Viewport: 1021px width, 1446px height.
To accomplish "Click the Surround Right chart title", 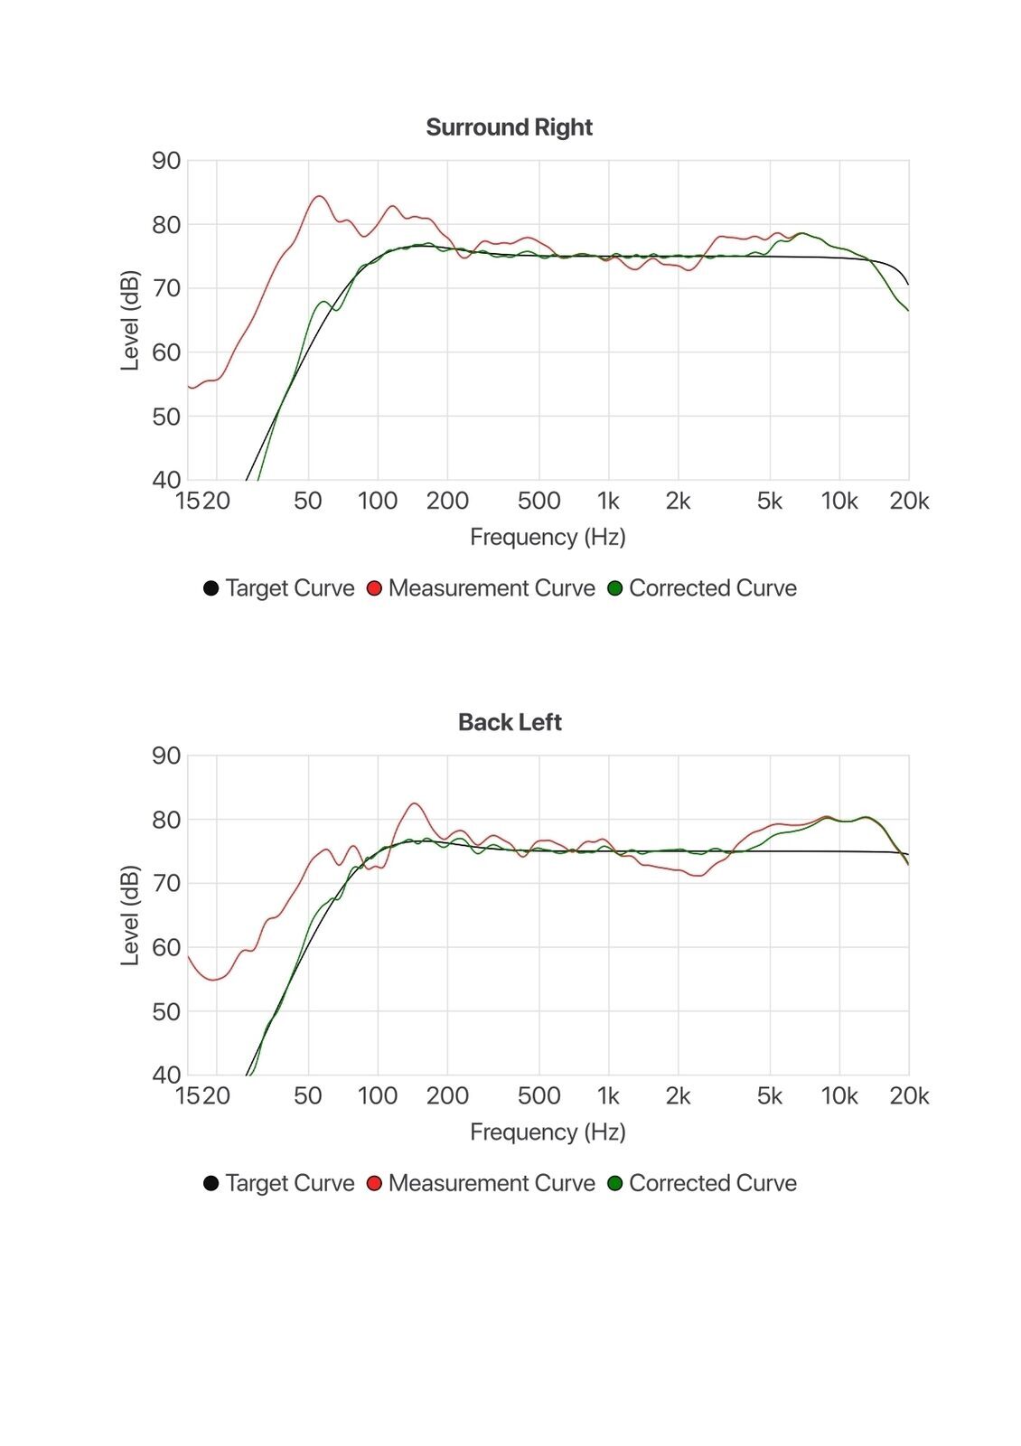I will (509, 127).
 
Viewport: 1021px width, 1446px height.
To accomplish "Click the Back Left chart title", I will (510, 722).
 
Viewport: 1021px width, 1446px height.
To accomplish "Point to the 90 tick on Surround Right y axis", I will (166, 161).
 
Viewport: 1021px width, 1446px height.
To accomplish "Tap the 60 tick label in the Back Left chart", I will (166, 947).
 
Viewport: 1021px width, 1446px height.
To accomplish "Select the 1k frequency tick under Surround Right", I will (608, 501).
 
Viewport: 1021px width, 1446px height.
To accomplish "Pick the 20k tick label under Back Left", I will (909, 1096).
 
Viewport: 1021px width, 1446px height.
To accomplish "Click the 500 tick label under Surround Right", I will (539, 501).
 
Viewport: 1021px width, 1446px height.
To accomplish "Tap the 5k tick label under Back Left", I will (769, 1096).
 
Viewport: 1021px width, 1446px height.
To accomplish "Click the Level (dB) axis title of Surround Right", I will (130, 320).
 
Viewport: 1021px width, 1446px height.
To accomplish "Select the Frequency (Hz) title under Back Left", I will (548, 1132).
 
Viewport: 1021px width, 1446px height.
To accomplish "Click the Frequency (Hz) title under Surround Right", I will (548, 538).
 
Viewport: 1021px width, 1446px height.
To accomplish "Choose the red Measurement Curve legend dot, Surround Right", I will (374, 588).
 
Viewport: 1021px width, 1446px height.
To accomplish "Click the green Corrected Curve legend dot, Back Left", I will (615, 1183).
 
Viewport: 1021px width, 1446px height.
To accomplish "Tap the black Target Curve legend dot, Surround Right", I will (211, 588).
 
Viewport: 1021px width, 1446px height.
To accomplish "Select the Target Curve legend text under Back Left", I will (289, 1183).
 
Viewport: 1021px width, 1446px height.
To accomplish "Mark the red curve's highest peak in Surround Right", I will (319, 196).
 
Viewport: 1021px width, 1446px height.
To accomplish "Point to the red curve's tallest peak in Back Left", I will (415, 803).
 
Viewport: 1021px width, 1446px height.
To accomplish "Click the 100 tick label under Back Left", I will (378, 1096).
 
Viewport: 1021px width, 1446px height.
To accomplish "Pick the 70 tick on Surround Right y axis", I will (166, 288).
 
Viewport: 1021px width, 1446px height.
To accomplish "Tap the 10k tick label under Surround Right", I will (838, 501).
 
